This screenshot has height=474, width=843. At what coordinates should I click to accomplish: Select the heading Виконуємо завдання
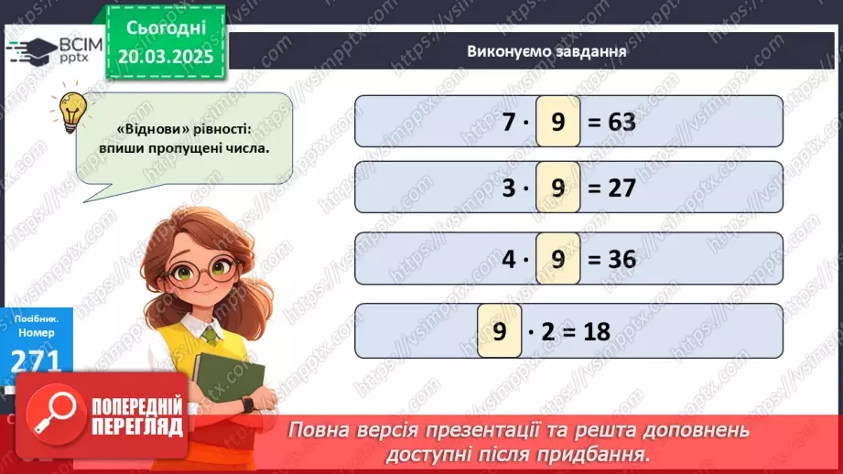[x=546, y=51]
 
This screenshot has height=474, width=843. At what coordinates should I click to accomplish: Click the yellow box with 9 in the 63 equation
[x=557, y=121]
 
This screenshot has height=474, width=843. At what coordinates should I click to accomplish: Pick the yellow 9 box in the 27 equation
[x=557, y=189]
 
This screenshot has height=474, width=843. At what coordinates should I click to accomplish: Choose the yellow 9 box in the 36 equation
[x=557, y=259]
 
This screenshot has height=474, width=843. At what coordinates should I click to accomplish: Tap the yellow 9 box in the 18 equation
[x=500, y=329]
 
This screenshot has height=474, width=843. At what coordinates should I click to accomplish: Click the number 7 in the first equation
[x=509, y=121]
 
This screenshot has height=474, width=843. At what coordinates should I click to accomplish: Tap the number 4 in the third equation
[x=509, y=259]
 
